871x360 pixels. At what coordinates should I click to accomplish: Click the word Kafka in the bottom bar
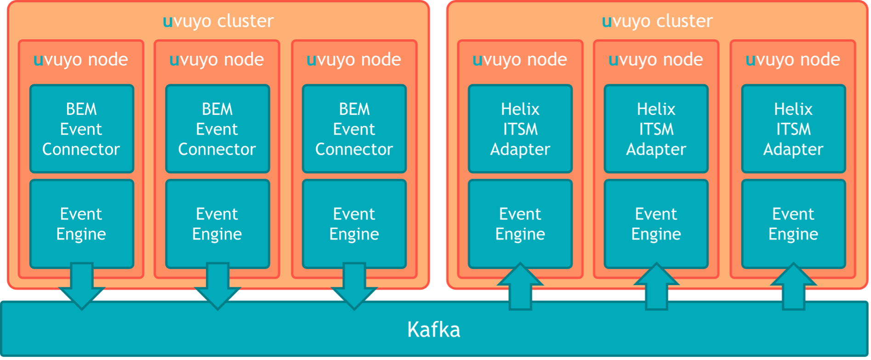point(433,330)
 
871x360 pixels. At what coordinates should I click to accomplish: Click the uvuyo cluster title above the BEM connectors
point(218,21)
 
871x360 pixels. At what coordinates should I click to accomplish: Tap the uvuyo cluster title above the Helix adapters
point(657,21)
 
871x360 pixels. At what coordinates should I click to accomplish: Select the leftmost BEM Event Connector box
point(81,129)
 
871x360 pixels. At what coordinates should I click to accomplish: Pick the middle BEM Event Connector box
point(217,129)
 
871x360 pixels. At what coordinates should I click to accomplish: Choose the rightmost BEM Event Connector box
point(354,129)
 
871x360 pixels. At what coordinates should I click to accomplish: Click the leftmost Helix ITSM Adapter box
point(520,129)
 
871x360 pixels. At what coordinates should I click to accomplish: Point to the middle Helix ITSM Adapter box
point(656,129)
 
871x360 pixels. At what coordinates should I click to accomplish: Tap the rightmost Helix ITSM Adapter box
point(793,129)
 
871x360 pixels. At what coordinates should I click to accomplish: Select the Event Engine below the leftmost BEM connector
point(81,224)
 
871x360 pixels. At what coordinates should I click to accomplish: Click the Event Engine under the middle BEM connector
point(217,224)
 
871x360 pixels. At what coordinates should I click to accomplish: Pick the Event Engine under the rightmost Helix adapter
point(793,224)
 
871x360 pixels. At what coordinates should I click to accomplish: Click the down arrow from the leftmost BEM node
point(82,287)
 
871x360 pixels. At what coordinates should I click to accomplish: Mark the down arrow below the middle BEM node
point(218,287)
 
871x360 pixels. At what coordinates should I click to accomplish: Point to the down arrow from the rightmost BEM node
point(354,287)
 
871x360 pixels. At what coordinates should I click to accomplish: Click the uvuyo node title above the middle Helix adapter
point(656,60)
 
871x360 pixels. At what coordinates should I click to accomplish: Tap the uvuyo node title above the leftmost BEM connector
point(81,60)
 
